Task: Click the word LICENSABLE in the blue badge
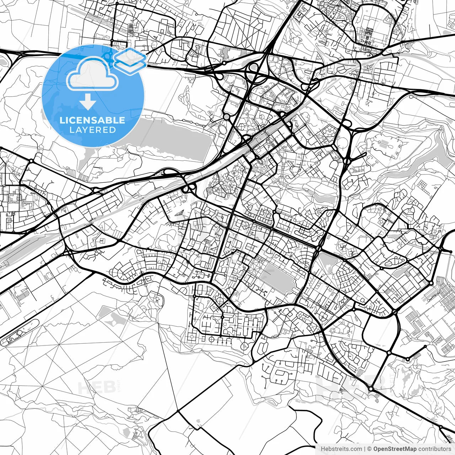point(92,120)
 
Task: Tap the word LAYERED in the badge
point(92,130)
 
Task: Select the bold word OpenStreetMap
point(395,449)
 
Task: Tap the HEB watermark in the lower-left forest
point(96,387)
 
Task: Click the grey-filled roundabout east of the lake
point(226,117)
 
